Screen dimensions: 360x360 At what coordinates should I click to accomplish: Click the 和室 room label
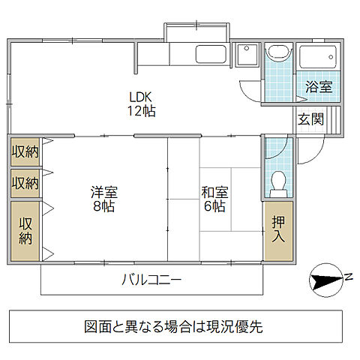pyautogui.click(x=214, y=191)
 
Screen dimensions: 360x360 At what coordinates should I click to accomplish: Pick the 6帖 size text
pyautogui.click(x=214, y=205)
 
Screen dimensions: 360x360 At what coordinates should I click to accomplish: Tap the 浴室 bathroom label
pyautogui.click(x=318, y=86)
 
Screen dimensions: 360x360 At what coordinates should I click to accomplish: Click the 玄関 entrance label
pyautogui.click(x=310, y=118)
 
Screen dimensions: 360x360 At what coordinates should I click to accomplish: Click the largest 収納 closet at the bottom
pyautogui.click(x=25, y=231)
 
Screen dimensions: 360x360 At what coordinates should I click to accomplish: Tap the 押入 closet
pyautogui.click(x=278, y=230)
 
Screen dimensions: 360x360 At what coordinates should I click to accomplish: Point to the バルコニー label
pyautogui.click(x=151, y=280)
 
